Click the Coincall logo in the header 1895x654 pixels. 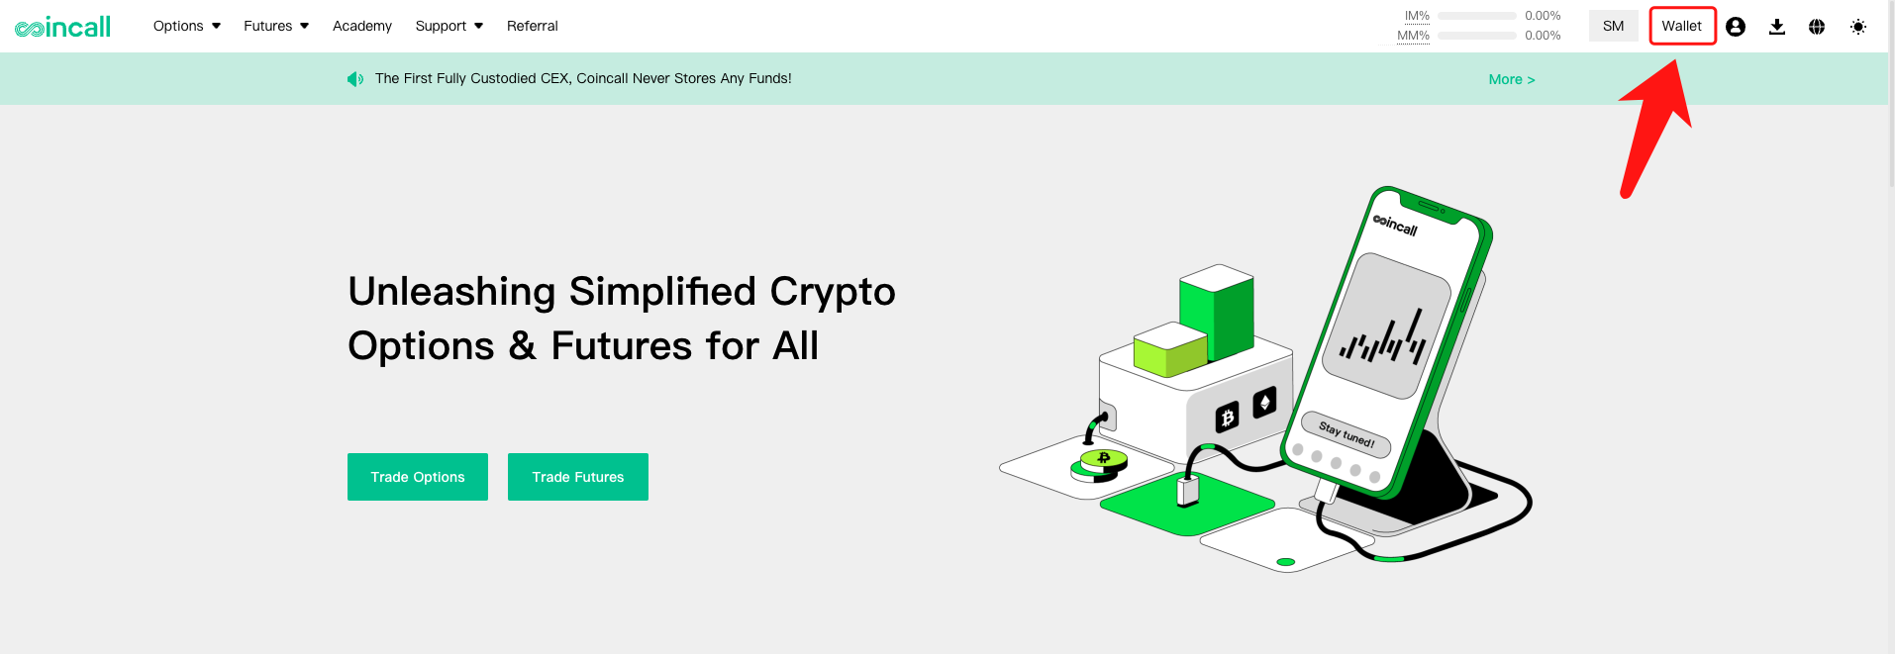[x=62, y=27]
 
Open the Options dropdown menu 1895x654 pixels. [x=187, y=26]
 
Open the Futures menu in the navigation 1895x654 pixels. [x=276, y=26]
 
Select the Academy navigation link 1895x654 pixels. [x=362, y=26]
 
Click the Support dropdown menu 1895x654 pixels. [x=449, y=26]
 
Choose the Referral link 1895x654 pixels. [x=533, y=26]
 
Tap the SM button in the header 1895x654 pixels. [x=1614, y=26]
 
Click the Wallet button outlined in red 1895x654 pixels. [x=1682, y=26]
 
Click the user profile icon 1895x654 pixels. [x=1736, y=27]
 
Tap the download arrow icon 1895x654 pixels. [x=1777, y=27]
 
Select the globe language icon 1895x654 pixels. [x=1817, y=27]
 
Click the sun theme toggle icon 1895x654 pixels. [x=1858, y=27]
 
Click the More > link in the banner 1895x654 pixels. [x=1512, y=79]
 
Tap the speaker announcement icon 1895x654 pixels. [x=355, y=79]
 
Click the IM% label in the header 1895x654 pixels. [x=1417, y=16]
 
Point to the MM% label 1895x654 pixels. [x=1413, y=36]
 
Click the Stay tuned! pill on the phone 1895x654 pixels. [x=1346, y=434]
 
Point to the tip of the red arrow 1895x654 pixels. [x=1676, y=60]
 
